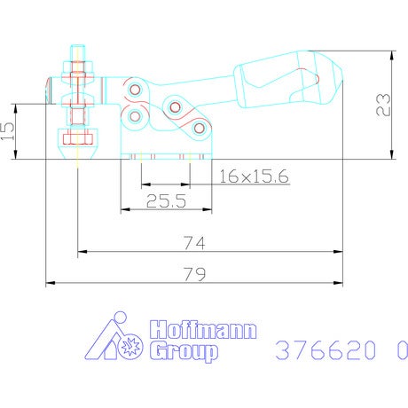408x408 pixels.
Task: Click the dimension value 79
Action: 194,274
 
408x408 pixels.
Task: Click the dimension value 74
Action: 194,243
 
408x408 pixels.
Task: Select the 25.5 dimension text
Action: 166,201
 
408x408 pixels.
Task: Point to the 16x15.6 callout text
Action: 254,177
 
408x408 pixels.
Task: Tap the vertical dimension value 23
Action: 383,105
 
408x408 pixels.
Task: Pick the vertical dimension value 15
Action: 7,131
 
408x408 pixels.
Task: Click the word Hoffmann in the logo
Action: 203,330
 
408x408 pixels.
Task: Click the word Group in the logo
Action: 184,351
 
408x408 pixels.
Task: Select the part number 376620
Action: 326,350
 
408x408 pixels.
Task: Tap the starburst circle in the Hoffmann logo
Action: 130,345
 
